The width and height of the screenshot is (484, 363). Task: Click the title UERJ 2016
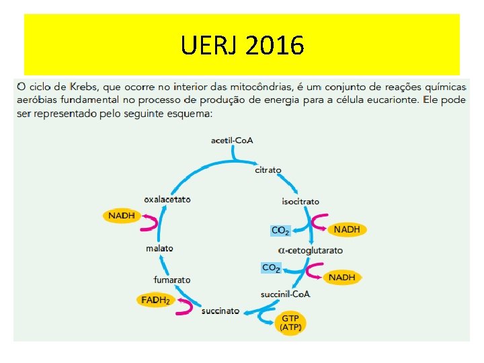242,46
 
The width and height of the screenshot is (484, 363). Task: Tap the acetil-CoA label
232,140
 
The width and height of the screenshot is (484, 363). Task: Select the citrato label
268,170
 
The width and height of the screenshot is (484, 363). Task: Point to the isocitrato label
300,201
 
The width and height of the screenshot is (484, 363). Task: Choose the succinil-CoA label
286,294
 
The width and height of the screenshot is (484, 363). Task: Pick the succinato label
220,311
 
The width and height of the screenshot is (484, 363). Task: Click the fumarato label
172,280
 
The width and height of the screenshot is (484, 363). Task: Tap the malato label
159,248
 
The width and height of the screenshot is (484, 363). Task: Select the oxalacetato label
167,199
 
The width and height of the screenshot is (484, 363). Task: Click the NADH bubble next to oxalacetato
121,216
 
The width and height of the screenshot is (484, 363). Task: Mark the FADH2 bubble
155,300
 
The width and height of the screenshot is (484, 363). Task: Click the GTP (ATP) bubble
290,323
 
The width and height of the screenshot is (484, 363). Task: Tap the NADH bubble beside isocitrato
347,229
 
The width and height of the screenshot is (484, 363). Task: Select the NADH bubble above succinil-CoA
341,277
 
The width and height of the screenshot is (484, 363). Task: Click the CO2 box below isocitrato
280,231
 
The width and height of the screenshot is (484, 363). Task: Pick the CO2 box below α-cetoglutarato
271,268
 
